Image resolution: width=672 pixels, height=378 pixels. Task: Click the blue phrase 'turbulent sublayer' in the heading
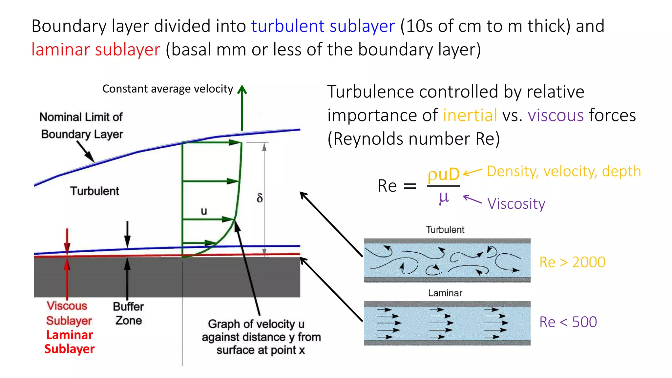click(323, 26)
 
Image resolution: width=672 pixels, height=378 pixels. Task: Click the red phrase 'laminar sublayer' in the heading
click(96, 50)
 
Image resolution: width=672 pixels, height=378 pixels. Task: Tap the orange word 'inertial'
click(470, 115)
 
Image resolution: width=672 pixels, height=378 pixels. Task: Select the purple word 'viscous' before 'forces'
click(556, 115)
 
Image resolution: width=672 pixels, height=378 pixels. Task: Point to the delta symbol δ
click(260, 198)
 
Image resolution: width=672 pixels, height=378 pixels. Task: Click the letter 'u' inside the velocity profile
click(204, 211)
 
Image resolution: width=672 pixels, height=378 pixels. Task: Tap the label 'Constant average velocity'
click(168, 89)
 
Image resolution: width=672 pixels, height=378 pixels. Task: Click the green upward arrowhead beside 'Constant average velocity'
click(242, 90)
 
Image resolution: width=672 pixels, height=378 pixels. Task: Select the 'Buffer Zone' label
click(128, 313)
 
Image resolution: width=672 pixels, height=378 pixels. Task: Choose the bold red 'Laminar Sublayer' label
click(70, 342)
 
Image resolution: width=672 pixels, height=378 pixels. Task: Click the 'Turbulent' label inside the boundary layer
click(94, 191)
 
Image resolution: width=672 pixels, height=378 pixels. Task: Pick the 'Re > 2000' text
click(572, 262)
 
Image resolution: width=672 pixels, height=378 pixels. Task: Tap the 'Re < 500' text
click(568, 322)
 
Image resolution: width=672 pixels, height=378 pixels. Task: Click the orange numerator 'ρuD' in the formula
click(443, 174)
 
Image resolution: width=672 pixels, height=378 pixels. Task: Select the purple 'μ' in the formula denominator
click(444, 198)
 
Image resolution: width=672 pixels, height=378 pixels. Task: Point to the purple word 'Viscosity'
click(516, 204)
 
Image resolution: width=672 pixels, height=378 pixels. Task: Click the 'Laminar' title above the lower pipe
click(445, 293)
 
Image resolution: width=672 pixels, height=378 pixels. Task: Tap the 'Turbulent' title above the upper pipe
click(445, 230)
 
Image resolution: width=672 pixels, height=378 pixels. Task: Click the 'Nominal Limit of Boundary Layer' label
click(81, 126)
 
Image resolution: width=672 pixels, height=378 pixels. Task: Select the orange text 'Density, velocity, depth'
click(564, 171)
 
